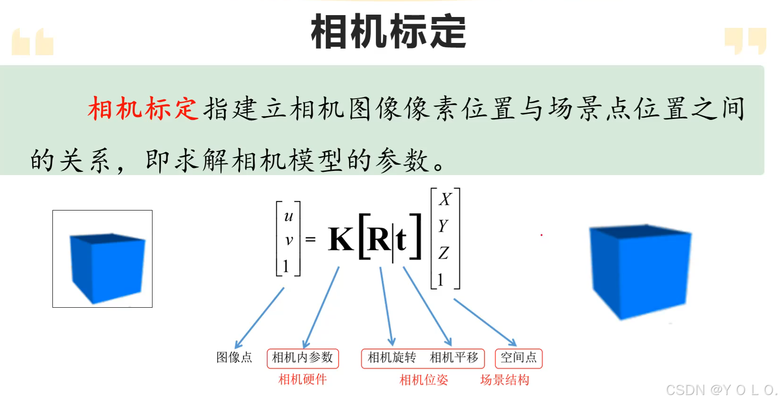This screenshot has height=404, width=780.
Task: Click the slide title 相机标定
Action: (389, 32)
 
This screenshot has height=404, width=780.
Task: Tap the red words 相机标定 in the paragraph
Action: (142, 109)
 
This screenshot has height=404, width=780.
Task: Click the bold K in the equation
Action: (341, 239)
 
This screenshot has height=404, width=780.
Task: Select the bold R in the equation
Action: (379, 239)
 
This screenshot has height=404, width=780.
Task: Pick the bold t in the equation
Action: (401, 240)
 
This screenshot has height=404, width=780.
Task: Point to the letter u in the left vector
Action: (288, 216)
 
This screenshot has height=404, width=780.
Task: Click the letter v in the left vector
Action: (289, 240)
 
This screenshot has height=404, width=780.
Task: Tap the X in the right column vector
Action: (445, 199)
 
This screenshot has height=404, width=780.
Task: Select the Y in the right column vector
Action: (443, 226)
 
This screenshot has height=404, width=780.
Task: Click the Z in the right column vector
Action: (443, 253)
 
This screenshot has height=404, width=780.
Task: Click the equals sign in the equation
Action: (310, 240)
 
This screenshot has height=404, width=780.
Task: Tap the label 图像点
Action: (234, 357)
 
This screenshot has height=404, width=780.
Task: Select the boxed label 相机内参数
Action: (303, 358)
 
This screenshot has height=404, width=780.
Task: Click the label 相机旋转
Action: (392, 358)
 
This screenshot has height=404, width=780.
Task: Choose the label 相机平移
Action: (454, 358)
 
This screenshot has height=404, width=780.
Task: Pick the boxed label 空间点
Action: (518, 358)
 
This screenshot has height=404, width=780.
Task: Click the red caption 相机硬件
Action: (303, 379)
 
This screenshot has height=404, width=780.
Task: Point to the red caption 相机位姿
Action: (424, 380)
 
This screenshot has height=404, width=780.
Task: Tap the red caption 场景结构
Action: (505, 380)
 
